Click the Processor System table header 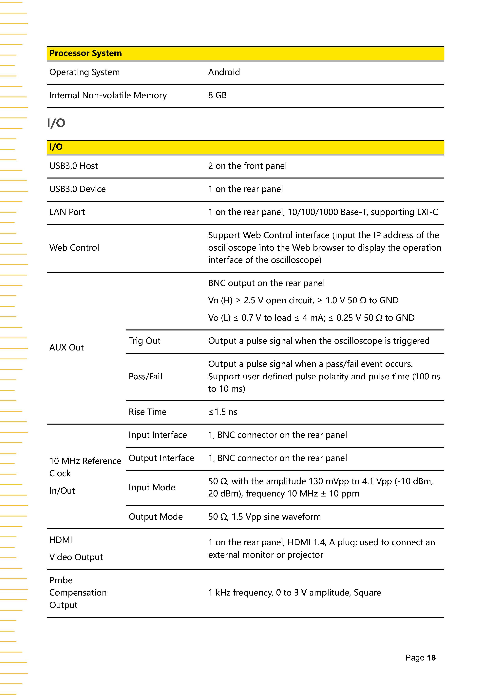pos(85,53)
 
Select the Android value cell pos(224,72)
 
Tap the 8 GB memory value pos(217,95)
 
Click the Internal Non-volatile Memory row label pos(108,95)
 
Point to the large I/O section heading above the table pos(56,123)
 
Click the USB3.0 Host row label pos(73,166)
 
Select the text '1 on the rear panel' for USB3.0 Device pos(245,189)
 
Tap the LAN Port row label pos(67,212)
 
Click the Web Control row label pos(74,248)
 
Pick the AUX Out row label pos(66,347)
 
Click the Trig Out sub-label pos(144,341)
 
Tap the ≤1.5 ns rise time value pos(223,412)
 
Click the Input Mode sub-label pos(152,487)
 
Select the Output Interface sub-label pos(161,458)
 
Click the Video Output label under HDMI pos(76,557)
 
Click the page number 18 pos(431,658)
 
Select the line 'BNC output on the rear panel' pos(266,283)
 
